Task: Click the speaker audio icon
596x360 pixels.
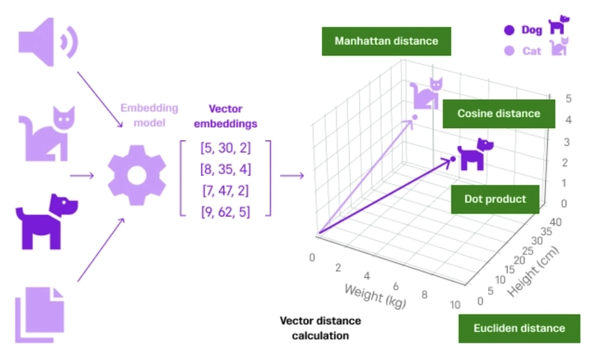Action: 46,43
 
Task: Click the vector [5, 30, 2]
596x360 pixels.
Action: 225,148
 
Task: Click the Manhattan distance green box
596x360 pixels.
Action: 386,41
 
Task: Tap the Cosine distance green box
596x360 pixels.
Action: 498,113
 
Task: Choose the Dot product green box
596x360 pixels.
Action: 495,199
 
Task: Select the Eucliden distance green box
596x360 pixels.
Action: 519,328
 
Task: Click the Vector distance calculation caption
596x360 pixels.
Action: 320,328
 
